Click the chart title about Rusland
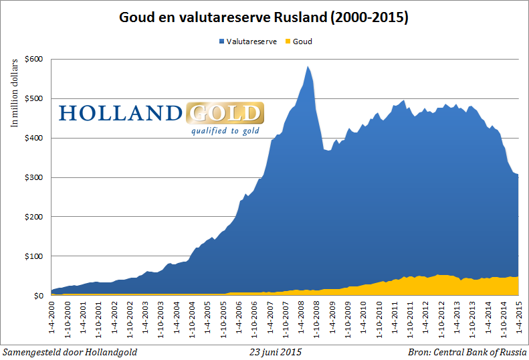click(264, 16)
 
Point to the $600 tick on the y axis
click(34, 59)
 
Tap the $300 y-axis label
click(34, 177)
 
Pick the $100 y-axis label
click(34, 256)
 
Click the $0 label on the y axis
click(39, 296)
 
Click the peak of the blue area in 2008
click(307, 66)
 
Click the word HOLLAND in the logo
click(120, 112)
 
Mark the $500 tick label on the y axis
click(34, 98)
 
